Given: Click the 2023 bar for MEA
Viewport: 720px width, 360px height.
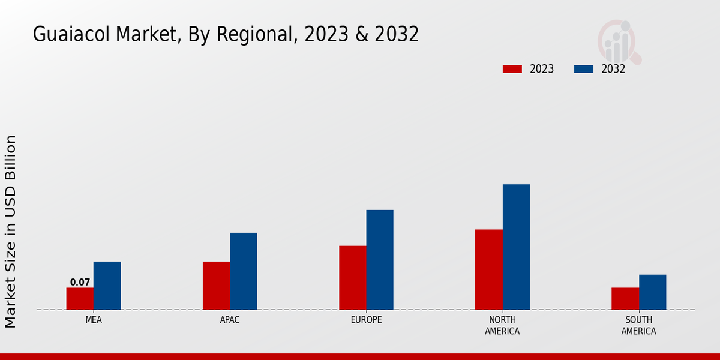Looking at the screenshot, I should point(80,299).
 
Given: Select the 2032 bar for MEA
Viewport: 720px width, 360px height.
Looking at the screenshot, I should point(107,286).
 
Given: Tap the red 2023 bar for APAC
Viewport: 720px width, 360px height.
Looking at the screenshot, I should point(216,286).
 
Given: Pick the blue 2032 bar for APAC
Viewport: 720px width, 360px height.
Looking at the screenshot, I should point(243,271).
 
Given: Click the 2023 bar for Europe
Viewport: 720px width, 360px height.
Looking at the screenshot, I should point(352,278).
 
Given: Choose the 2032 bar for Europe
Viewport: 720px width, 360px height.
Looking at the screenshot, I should point(380,260).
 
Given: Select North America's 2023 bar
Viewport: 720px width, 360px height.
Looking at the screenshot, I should point(488,269).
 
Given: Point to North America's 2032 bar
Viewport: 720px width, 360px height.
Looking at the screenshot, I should point(516,247).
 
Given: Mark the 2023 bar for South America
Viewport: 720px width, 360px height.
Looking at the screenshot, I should point(625,299).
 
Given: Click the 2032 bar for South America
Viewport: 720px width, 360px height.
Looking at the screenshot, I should point(652,292).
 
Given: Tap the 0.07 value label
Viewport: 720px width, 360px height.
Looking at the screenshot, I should point(80,282).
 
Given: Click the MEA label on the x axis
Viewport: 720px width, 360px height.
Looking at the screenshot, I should point(94,320).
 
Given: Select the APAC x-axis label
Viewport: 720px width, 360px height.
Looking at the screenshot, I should point(230,320).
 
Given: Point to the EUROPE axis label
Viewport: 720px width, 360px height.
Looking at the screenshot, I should point(366,320).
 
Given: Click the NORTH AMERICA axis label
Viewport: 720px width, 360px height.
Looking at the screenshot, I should point(502,326).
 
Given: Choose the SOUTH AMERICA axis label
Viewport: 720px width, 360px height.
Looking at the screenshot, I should point(638,326).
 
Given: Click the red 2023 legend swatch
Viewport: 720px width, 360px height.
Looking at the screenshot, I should point(512,69).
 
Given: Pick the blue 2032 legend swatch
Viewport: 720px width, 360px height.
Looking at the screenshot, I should point(583,69).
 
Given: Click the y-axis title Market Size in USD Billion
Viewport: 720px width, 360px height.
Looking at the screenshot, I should point(11,231).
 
